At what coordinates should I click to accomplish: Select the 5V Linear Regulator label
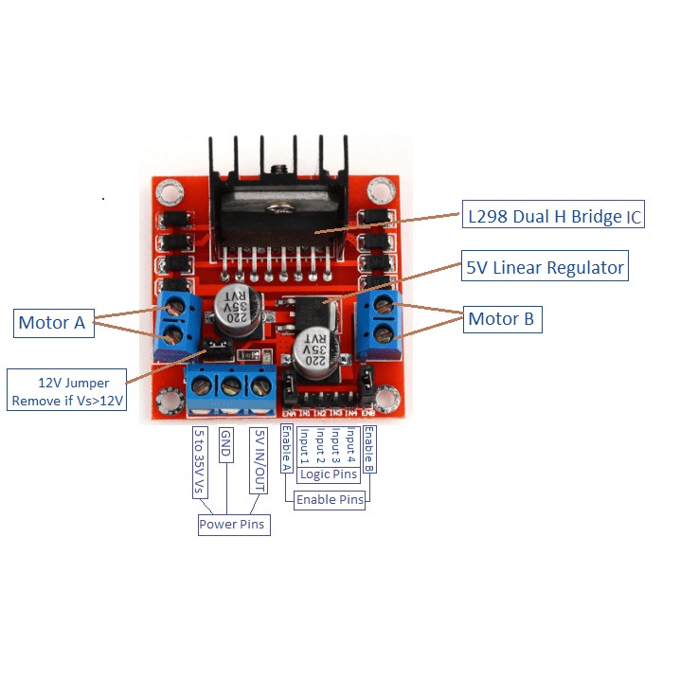[546, 268]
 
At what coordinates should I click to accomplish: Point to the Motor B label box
[501, 319]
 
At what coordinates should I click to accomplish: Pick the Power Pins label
[233, 524]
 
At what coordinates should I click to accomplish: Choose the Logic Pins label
[329, 474]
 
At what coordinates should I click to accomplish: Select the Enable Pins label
[328, 499]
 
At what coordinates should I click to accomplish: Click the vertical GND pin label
[226, 445]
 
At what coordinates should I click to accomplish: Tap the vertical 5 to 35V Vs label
[199, 461]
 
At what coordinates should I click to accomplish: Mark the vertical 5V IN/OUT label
[256, 460]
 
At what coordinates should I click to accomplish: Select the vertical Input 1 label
[304, 446]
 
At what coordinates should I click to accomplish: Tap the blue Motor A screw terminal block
[176, 322]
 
